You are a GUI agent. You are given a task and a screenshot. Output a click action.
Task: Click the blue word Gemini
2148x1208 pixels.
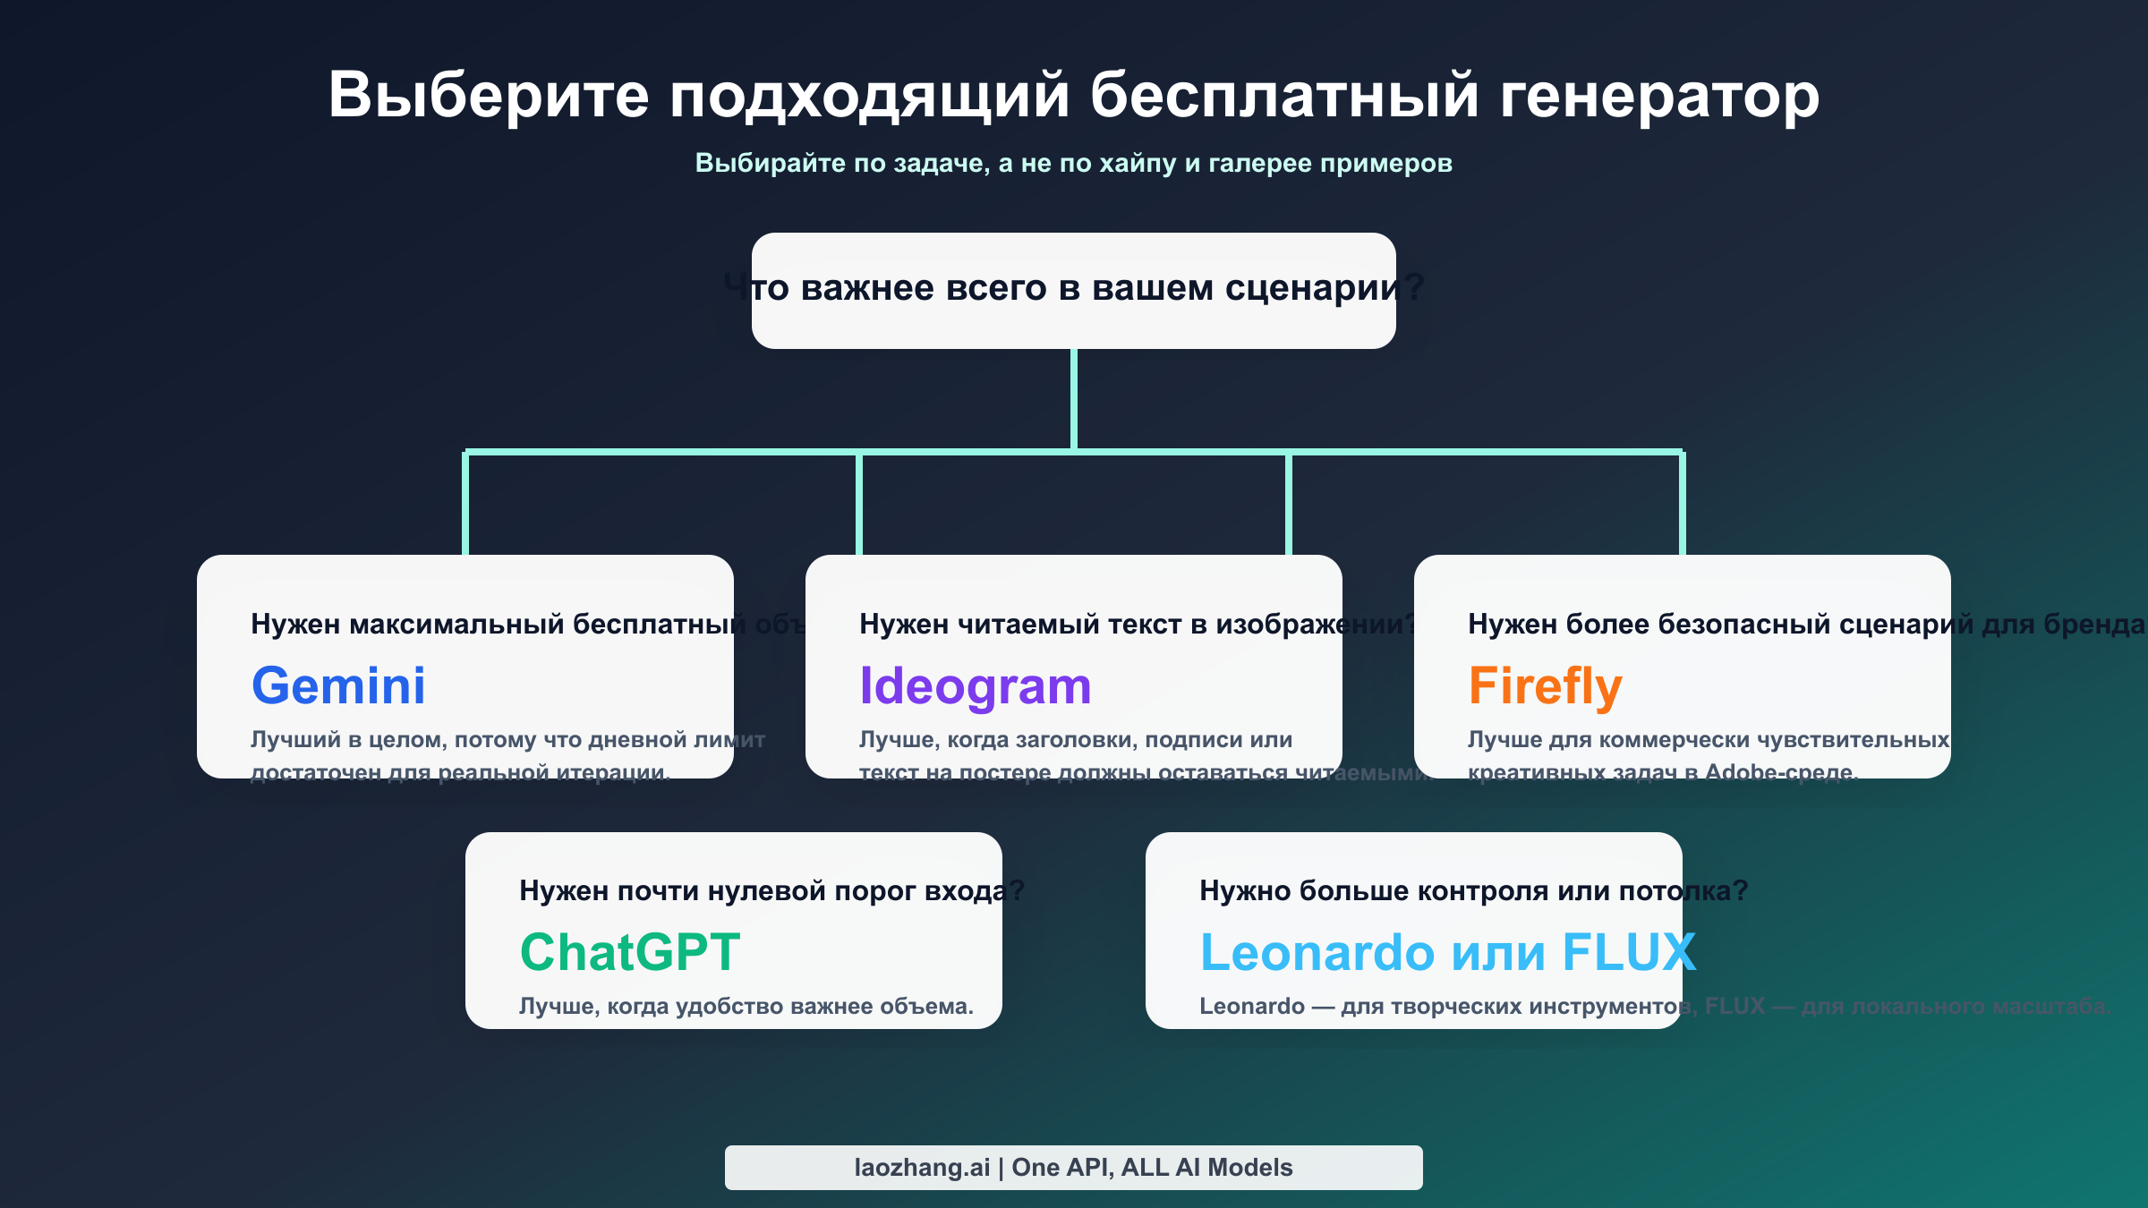point(338,685)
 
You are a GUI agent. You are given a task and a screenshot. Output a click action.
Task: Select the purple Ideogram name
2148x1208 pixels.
point(975,686)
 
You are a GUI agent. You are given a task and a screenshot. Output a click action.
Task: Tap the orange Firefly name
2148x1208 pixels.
point(1545,686)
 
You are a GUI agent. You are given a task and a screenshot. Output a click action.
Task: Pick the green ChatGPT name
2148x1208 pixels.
point(630,952)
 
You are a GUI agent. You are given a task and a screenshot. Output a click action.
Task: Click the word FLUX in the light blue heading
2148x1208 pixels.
point(1628,952)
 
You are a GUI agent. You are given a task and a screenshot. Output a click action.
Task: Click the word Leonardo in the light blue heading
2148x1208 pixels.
point(1317,952)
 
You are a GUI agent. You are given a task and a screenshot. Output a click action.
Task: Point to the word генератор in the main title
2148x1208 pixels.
point(1658,95)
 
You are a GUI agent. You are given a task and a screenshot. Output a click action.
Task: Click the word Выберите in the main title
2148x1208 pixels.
point(488,95)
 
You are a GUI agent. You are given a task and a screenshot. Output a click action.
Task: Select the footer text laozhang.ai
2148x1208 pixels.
point(922,1168)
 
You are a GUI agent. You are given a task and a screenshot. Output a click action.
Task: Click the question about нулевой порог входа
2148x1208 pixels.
point(770,890)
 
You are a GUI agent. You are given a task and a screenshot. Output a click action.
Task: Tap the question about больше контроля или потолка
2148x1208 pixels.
point(1472,890)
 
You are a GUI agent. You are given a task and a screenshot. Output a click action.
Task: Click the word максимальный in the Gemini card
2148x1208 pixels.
point(456,624)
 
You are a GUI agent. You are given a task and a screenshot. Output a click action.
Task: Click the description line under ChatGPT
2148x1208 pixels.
point(746,1007)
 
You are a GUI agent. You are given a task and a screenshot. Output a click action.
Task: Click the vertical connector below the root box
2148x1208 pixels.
point(1074,398)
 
